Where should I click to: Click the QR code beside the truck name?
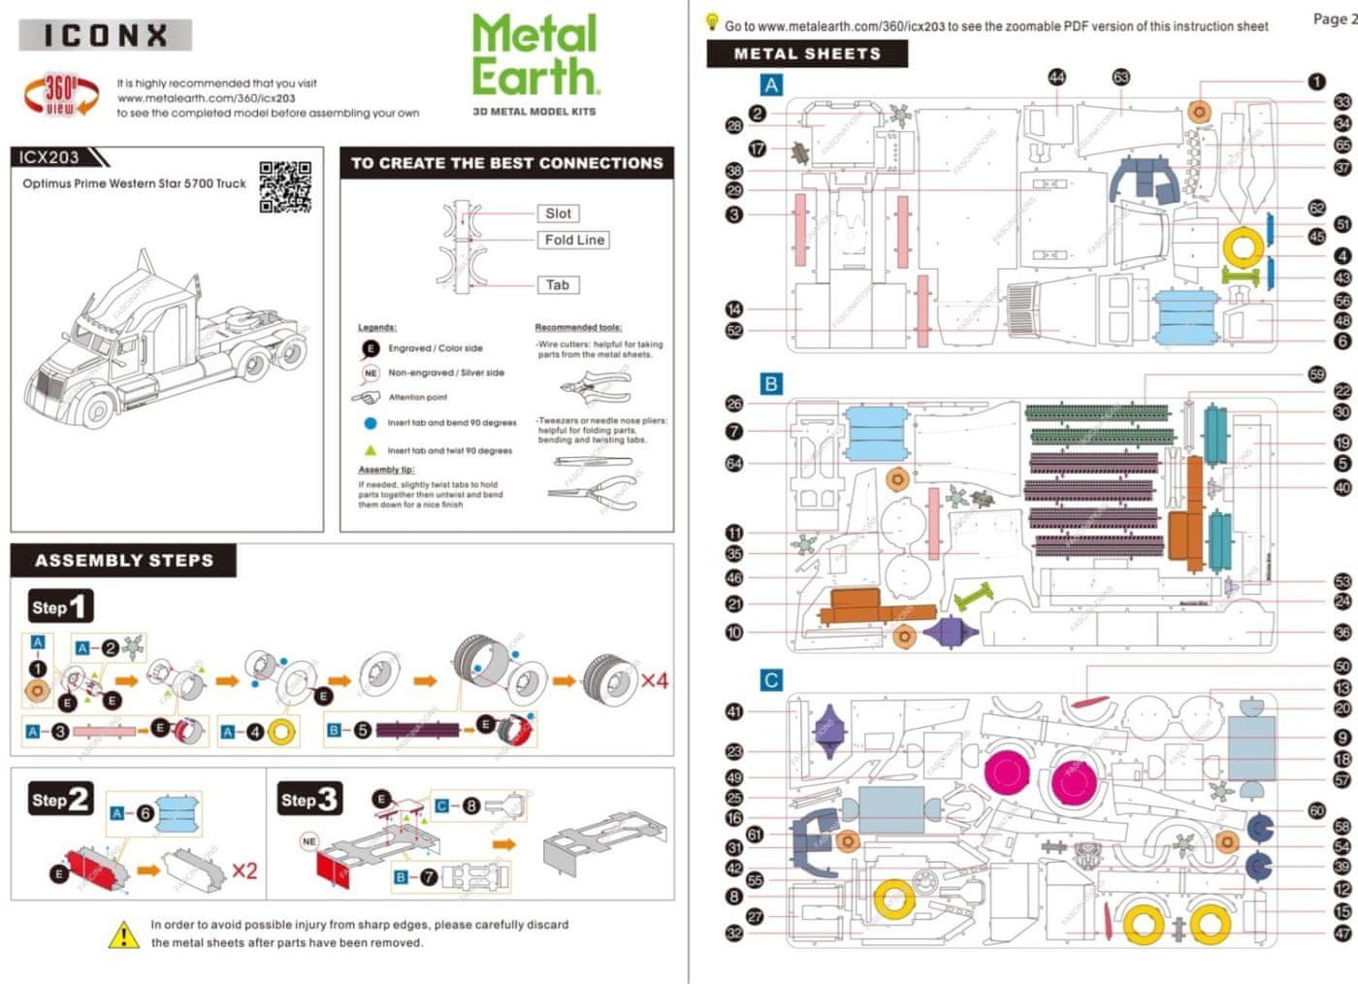[285, 186]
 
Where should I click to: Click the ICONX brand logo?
[105, 36]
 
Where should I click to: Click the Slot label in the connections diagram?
[558, 213]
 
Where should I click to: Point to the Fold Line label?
[574, 240]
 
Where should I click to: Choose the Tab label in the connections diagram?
[557, 284]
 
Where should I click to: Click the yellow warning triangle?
[124, 935]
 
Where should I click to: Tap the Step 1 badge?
[60, 607]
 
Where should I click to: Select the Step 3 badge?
[308, 800]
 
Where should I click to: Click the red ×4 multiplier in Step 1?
[655, 680]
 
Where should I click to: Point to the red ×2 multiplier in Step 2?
[243, 870]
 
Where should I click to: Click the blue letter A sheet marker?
[771, 85]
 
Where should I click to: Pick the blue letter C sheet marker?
[771, 680]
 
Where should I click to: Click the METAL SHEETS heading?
[807, 54]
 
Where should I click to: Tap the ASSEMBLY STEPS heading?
[124, 560]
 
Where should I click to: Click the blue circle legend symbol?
[370, 423]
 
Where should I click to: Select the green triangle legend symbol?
[370, 450]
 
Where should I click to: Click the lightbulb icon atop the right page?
[712, 21]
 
